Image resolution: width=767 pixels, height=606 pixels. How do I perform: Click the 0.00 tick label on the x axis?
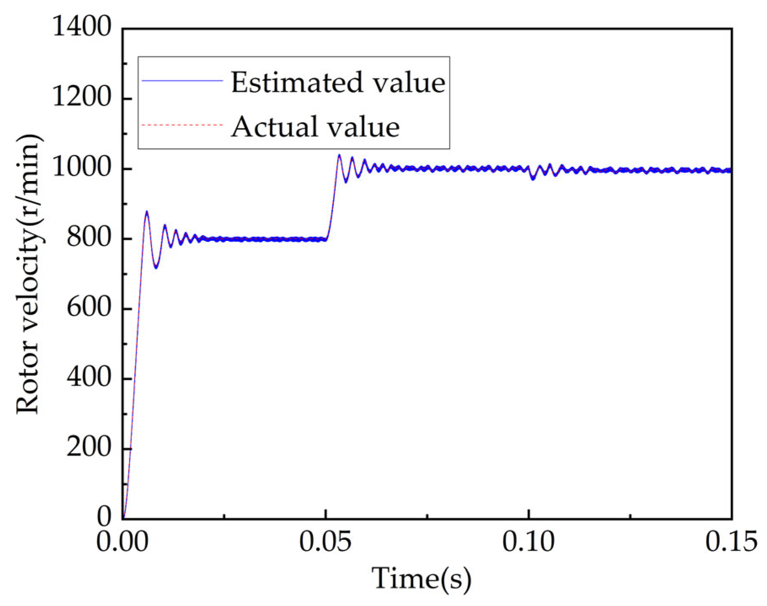(122, 542)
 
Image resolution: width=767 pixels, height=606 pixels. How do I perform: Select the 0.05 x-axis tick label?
(325, 542)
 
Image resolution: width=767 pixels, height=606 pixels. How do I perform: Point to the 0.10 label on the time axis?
(528, 542)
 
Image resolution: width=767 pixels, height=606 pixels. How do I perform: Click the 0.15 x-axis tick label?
(731, 542)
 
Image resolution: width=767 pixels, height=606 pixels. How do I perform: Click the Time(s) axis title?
(421, 579)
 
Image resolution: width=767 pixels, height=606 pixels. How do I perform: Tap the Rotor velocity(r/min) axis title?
(28, 274)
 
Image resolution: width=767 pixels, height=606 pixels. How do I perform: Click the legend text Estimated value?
(338, 82)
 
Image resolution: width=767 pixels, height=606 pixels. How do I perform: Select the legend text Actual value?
(315, 126)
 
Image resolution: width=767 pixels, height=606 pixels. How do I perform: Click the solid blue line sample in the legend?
(182, 80)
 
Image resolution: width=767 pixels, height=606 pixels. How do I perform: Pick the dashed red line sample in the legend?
(182, 125)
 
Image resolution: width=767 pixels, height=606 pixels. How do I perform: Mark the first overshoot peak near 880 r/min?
(147, 212)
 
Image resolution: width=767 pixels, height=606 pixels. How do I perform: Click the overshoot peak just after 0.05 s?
(339, 155)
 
